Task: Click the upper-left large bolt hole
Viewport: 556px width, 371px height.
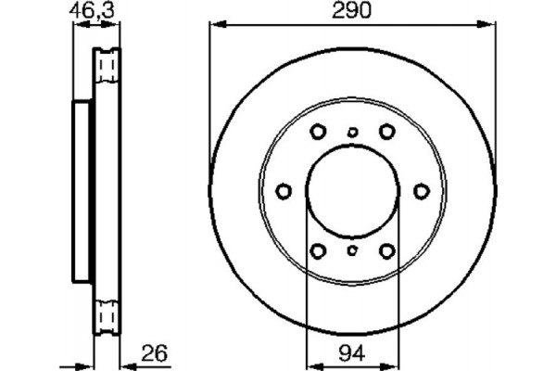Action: coord(317,132)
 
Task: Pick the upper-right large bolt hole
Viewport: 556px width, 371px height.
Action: coord(386,132)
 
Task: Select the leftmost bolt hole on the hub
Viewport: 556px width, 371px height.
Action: coord(284,191)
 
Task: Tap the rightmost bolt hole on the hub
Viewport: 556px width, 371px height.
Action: coord(421,191)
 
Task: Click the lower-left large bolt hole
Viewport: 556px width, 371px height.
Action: coord(317,250)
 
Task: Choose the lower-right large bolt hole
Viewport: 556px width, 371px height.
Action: coord(386,250)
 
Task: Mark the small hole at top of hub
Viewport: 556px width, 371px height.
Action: coord(352,132)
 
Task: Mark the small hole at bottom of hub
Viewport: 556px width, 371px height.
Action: coord(352,250)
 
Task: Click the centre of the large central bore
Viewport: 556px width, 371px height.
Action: coord(352,191)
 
